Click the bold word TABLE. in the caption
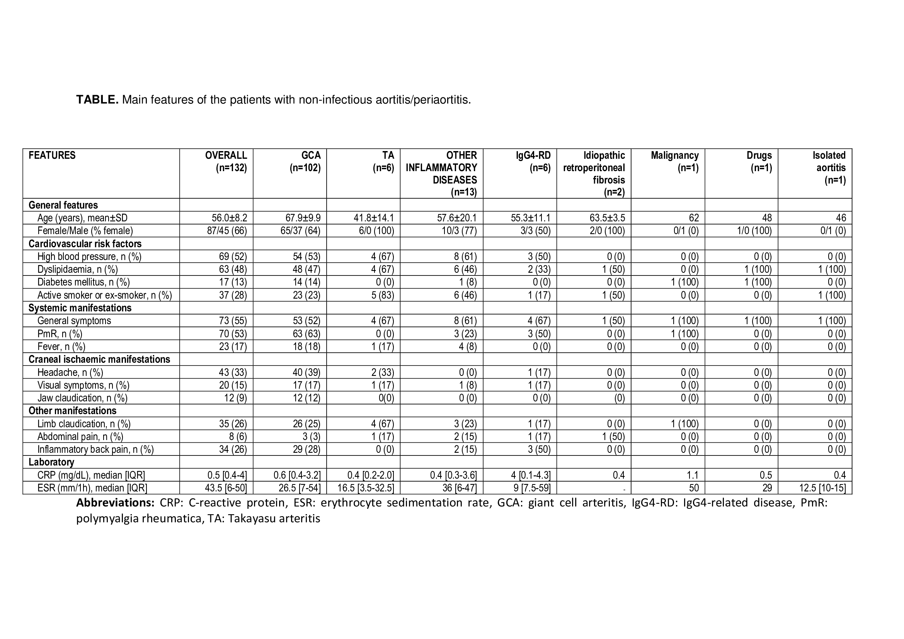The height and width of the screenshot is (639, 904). coord(97,100)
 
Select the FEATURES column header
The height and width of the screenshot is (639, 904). coord(52,155)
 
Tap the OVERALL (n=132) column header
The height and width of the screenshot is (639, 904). coord(226,161)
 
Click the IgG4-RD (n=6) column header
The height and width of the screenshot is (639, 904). coord(533,161)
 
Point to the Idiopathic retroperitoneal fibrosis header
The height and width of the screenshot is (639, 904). coord(594,173)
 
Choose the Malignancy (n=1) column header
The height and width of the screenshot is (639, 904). coord(675,161)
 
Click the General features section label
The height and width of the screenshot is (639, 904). coord(63,205)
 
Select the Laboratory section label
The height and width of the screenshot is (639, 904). coord(51,462)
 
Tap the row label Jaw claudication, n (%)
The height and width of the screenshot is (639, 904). coord(82,398)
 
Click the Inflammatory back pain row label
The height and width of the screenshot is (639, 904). coord(95,449)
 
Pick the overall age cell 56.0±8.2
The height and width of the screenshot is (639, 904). coord(230,218)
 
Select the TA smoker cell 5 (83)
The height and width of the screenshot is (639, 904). coord(383,295)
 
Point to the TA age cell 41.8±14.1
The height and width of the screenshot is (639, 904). coord(374,218)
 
